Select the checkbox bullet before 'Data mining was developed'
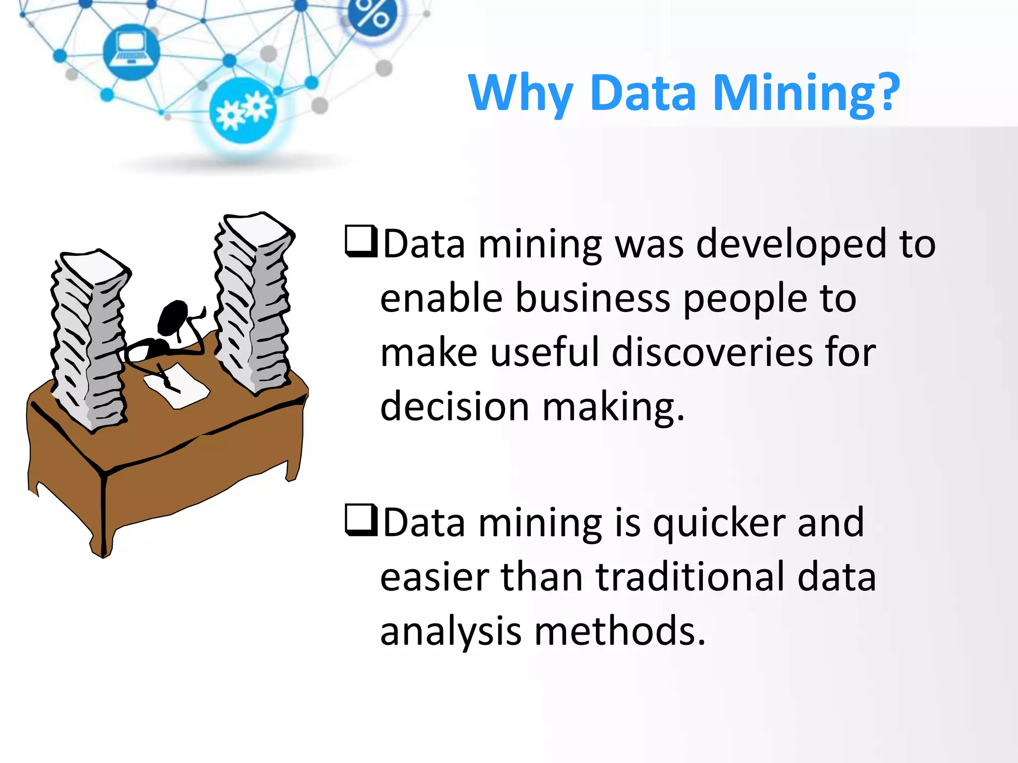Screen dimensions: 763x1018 coord(361,241)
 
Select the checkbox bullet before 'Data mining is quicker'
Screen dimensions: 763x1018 coord(361,520)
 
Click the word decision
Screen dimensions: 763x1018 coord(454,407)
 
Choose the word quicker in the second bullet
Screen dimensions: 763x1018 coord(718,524)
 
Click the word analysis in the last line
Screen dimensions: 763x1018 coord(450,632)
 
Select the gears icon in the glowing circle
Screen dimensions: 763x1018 coord(242,110)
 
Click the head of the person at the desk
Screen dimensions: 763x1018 coord(172,318)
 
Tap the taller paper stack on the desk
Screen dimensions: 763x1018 coord(254,303)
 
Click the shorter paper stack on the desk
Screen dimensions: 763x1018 coord(89,340)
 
